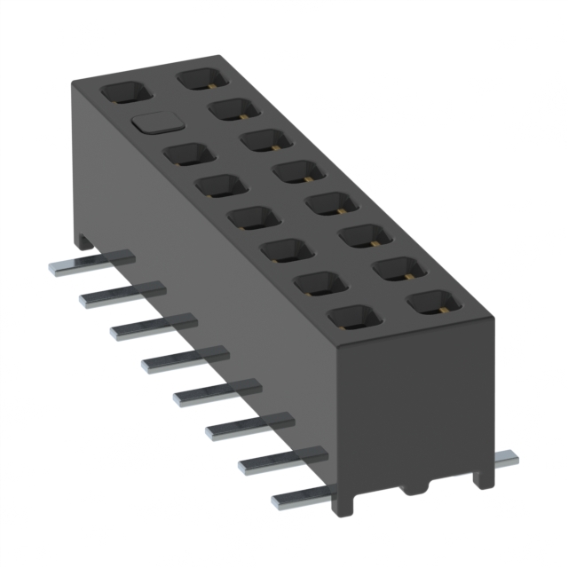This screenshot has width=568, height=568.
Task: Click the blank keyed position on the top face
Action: click(x=153, y=123)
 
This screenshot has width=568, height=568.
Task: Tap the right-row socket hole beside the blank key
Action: click(x=233, y=109)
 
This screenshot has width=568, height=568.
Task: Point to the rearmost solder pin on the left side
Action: click(x=89, y=263)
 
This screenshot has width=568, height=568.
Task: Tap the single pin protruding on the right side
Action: click(x=505, y=459)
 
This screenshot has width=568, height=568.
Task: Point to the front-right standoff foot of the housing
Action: click(x=483, y=475)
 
